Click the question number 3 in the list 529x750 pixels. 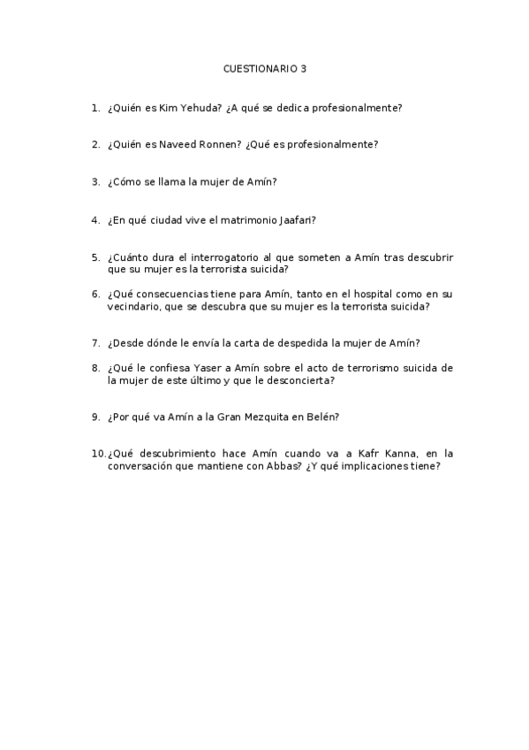(94, 181)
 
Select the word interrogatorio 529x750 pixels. (222, 257)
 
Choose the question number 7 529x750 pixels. (94, 343)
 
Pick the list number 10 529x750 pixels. (97, 454)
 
